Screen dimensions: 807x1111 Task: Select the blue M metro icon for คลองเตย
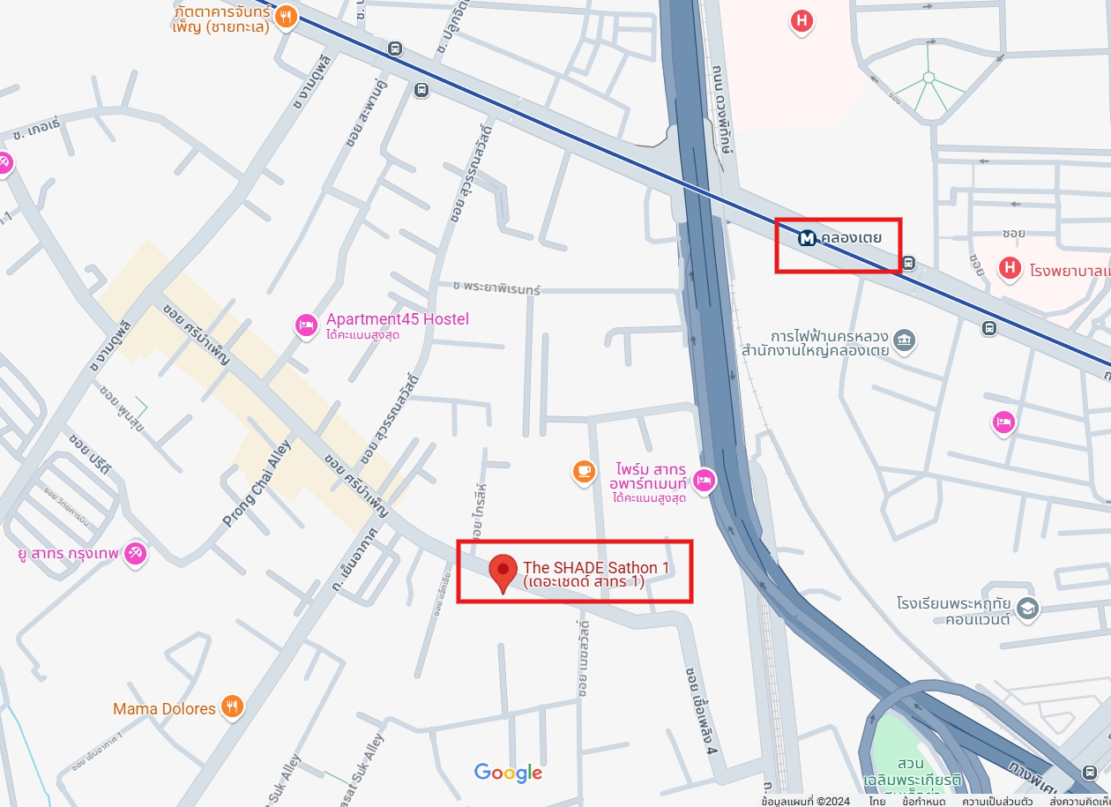[x=807, y=238]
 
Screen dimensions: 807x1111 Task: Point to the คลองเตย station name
[x=851, y=238]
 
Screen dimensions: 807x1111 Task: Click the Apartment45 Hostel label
[x=398, y=319]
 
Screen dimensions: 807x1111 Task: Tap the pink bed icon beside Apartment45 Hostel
[x=306, y=325]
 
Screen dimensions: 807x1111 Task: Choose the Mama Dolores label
[x=164, y=708]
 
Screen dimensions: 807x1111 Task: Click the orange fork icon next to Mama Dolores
[x=232, y=706]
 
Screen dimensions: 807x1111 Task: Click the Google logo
[x=508, y=773]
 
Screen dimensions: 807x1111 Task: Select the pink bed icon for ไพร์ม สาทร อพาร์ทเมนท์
[x=705, y=481]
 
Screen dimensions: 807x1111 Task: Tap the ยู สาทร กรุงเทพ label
[x=68, y=554]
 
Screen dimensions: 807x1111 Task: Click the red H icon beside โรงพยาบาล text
[x=1010, y=267]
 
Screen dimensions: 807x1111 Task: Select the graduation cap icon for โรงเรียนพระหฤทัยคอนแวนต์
[x=1027, y=608]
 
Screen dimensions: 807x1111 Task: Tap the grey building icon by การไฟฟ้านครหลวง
[x=904, y=340]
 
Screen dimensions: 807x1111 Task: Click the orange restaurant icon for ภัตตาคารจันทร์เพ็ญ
[x=285, y=17]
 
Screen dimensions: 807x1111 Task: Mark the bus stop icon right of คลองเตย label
[x=909, y=263]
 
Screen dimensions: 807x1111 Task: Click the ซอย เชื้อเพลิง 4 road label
[x=700, y=711]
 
